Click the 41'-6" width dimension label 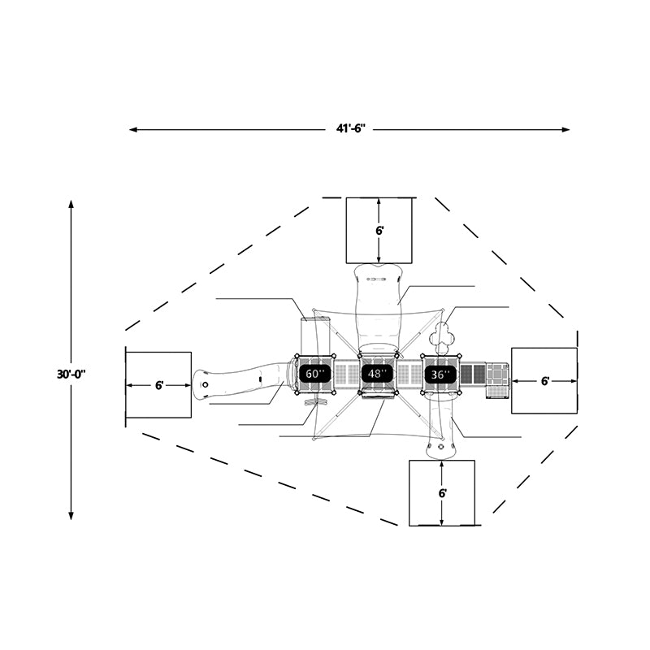(351, 128)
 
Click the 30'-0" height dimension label (71, 374)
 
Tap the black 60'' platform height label (314, 374)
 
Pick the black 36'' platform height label (440, 375)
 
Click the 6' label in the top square (379, 231)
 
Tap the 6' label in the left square (159, 385)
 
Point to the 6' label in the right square (544, 381)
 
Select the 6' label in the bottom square (442, 493)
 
